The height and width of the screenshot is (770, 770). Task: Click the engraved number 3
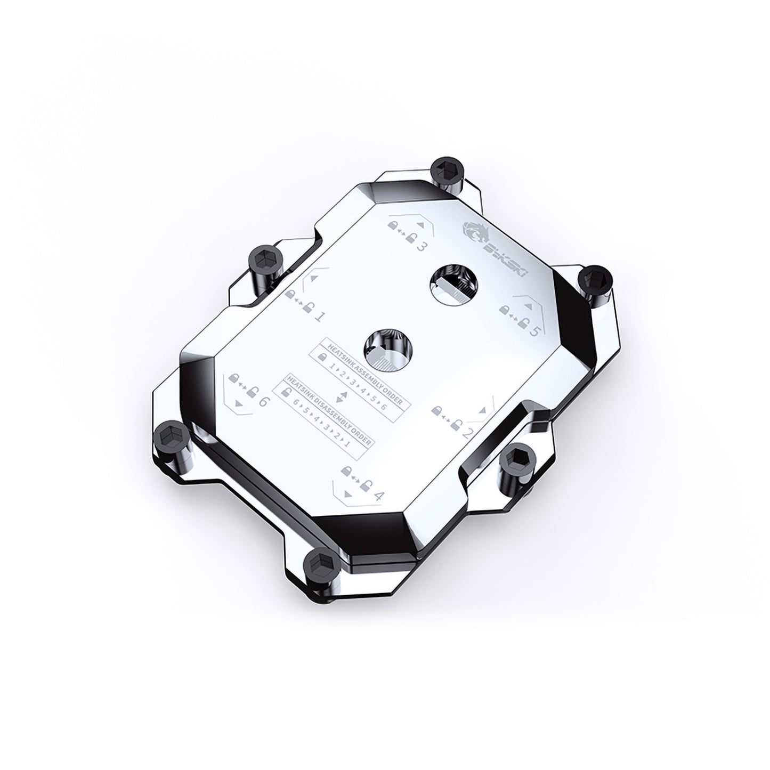[421, 247]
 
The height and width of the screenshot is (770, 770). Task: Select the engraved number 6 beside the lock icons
[262, 402]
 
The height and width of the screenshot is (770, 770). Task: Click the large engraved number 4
[379, 496]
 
